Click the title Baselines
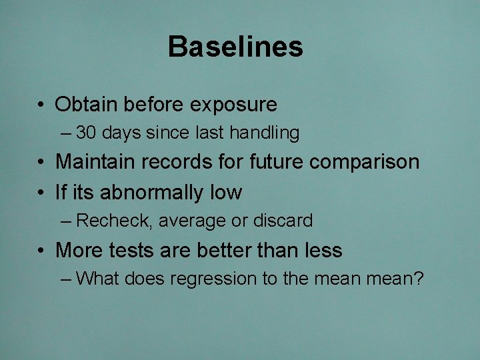click(235, 47)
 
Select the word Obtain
click(86, 105)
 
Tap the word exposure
click(233, 105)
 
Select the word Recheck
click(114, 221)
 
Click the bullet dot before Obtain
click(42, 105)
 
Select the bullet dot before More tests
click(42, 251)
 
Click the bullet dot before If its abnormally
click(42, 193)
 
